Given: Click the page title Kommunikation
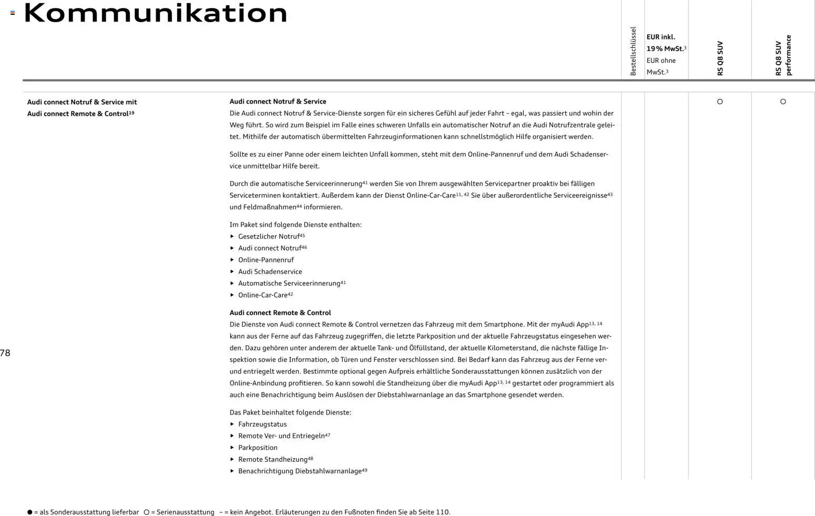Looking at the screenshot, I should click(156, 13).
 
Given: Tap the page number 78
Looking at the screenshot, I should click(5, 353).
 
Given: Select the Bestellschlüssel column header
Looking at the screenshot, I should click(633, 51).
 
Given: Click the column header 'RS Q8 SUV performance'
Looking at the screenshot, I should click(783, 55).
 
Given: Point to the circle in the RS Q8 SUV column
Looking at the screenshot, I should click(720, 102).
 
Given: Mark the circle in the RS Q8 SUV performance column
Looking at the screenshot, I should click(783, 102).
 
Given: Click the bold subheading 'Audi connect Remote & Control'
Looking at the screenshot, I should click(280, 312).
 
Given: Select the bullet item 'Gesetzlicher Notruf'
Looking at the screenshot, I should click(269, 237).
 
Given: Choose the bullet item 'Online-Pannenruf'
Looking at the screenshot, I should click(266, 260).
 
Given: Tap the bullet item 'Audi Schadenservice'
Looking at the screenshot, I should click(270, 272).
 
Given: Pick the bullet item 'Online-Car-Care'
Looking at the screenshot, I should click(263, 295).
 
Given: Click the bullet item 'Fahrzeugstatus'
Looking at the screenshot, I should click(262, 424).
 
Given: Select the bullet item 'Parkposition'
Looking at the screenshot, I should click(258, 448).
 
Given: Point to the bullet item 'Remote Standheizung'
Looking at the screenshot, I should click(273, 460).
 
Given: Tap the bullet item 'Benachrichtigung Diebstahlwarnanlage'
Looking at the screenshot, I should click(300, 471).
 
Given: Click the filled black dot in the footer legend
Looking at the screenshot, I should click(29, 512).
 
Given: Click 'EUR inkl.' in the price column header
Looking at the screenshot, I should click(660, 37).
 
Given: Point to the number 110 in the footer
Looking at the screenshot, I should click(442, 512).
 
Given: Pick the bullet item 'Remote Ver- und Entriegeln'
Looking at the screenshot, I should click(281, 436).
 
